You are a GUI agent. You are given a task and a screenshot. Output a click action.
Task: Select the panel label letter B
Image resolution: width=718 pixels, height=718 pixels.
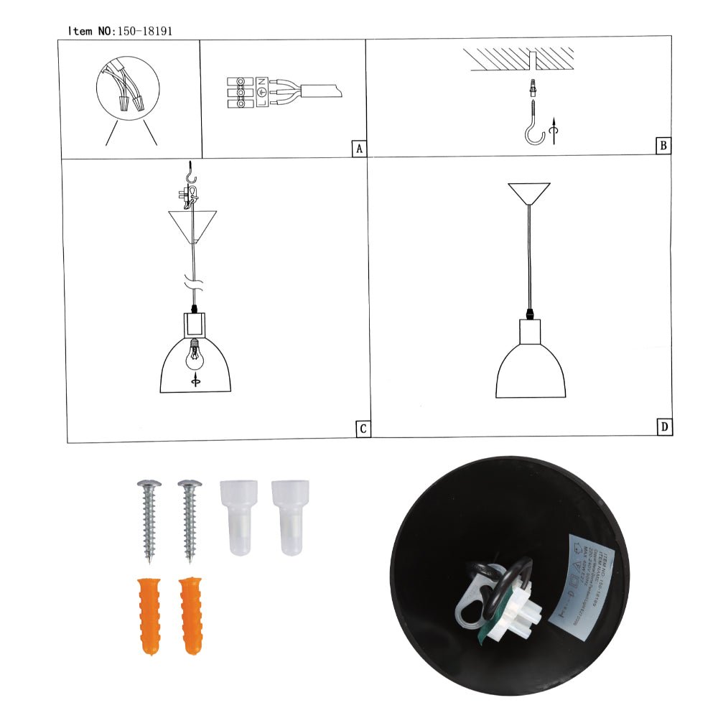(663, 146)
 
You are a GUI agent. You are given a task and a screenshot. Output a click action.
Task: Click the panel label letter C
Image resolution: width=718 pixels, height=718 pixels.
(363, 429)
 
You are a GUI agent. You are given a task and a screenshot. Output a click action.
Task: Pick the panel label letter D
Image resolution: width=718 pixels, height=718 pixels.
(665, 427)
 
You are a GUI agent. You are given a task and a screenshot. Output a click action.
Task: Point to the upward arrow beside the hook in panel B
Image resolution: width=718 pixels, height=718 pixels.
(552, 133)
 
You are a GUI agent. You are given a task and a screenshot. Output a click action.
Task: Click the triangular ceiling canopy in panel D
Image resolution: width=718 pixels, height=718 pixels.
(528, 193)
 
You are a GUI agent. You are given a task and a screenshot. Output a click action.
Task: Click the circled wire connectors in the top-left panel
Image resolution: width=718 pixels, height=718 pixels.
(127, 89)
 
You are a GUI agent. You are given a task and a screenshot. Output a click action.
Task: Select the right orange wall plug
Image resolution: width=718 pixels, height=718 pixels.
(191, 615)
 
